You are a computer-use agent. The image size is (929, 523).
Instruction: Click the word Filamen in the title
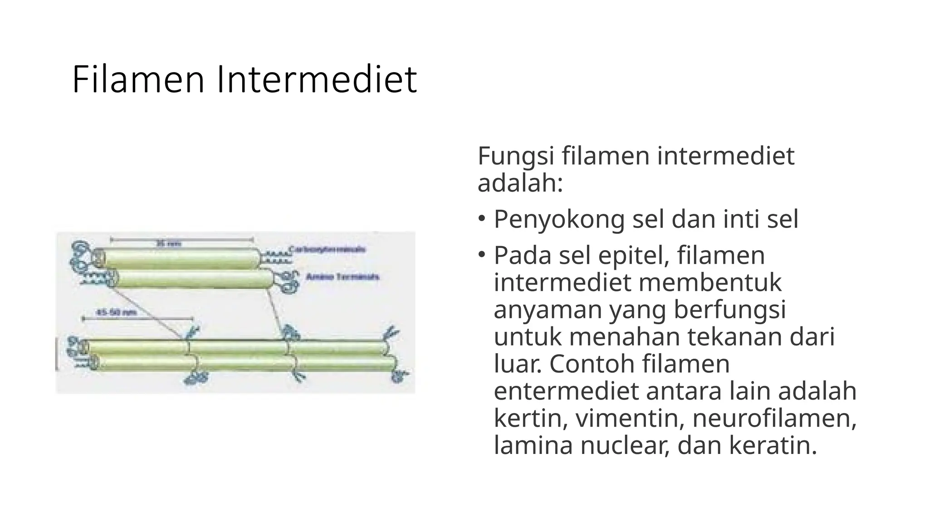(x=138, y=79)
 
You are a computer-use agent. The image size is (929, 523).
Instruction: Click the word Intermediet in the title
(x=317, y=79)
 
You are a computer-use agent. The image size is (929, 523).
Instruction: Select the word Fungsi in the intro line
(x=516, y=156)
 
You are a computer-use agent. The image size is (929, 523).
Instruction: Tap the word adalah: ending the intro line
(x=520, y=183)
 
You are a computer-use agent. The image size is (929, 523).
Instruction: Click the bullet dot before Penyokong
(x=482, y=217)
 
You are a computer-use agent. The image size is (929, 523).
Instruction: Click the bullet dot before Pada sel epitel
(x=482, y=253)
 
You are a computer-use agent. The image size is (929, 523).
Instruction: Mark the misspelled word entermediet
(x=566, y=391)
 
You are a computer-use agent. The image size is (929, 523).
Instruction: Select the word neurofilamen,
(x=774, y=418)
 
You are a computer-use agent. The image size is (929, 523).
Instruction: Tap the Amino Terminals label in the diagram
(x=342, y=276)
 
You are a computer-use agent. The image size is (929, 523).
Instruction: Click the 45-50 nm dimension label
(x=117, y=312)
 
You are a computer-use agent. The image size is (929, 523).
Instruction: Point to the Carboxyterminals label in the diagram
(x=328, y=249)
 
